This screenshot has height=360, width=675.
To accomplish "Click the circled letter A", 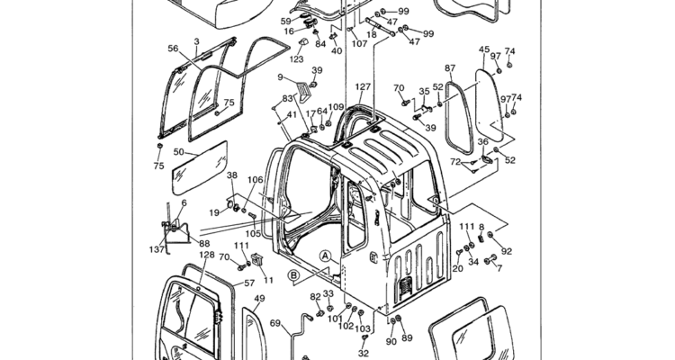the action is [x=326, y=256].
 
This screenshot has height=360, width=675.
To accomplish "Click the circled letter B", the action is [x=293, y=275].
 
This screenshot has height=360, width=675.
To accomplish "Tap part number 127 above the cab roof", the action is [x=363, y=87].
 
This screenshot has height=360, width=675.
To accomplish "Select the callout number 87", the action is [x=450, y=68].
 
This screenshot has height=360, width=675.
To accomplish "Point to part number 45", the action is [x=484, y=49].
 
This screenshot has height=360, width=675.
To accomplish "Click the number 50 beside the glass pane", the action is [x=179, y=151].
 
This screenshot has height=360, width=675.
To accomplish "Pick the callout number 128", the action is [x=207, y=255].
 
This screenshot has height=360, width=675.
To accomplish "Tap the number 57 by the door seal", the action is [x=249, y=283].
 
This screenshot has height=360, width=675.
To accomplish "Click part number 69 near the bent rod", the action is [x=275, y=323].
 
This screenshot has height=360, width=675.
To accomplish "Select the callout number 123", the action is [x=297, y=59].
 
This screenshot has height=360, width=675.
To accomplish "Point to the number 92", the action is [x=507, y=251].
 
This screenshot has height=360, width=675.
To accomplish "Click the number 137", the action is [x=157, y=249].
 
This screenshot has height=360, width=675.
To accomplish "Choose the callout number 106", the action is [x=255, y=180].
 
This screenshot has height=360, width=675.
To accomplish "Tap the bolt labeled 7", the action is [x=490, y=260].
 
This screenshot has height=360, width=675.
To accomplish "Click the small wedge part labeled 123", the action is [x=302, y=42].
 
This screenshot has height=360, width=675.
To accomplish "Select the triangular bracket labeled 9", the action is [x=304, y=92].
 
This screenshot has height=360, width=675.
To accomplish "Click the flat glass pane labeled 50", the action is [x=200, y=168].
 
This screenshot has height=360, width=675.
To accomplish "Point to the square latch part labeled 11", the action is [x=257, y=260].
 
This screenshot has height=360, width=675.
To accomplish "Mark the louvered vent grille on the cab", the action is [x=405, y=288].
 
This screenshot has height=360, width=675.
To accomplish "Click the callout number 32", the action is [x=364, y=354].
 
